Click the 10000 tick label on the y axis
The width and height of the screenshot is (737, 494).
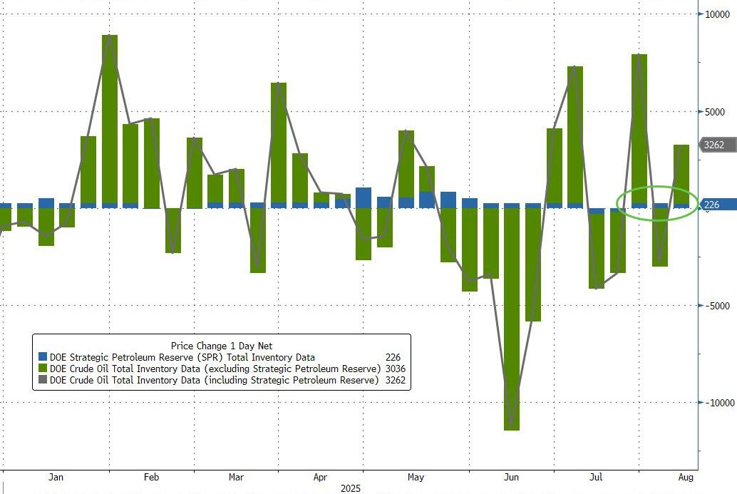715,14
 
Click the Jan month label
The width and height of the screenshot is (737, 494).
56,477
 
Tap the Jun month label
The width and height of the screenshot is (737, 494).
510,477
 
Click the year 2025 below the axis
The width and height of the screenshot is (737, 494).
351,488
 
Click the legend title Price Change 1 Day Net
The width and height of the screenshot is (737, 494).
221,346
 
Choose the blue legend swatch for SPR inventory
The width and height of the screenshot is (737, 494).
42,357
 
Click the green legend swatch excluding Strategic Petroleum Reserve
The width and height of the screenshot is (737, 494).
42,369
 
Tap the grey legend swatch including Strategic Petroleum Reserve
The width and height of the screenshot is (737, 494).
42,380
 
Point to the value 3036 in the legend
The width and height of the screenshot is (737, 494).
394,369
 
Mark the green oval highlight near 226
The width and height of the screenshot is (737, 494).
656,203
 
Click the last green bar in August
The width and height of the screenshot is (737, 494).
681,174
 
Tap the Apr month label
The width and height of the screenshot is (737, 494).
320,477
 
